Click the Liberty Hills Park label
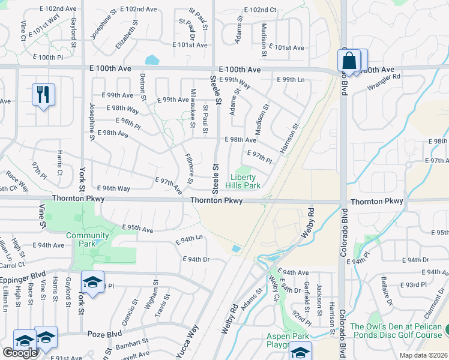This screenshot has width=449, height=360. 245,182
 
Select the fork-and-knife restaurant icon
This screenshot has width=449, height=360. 43,94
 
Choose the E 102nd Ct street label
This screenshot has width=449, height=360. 261,10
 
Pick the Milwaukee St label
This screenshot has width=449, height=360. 193,109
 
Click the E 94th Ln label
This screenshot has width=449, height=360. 188,239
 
